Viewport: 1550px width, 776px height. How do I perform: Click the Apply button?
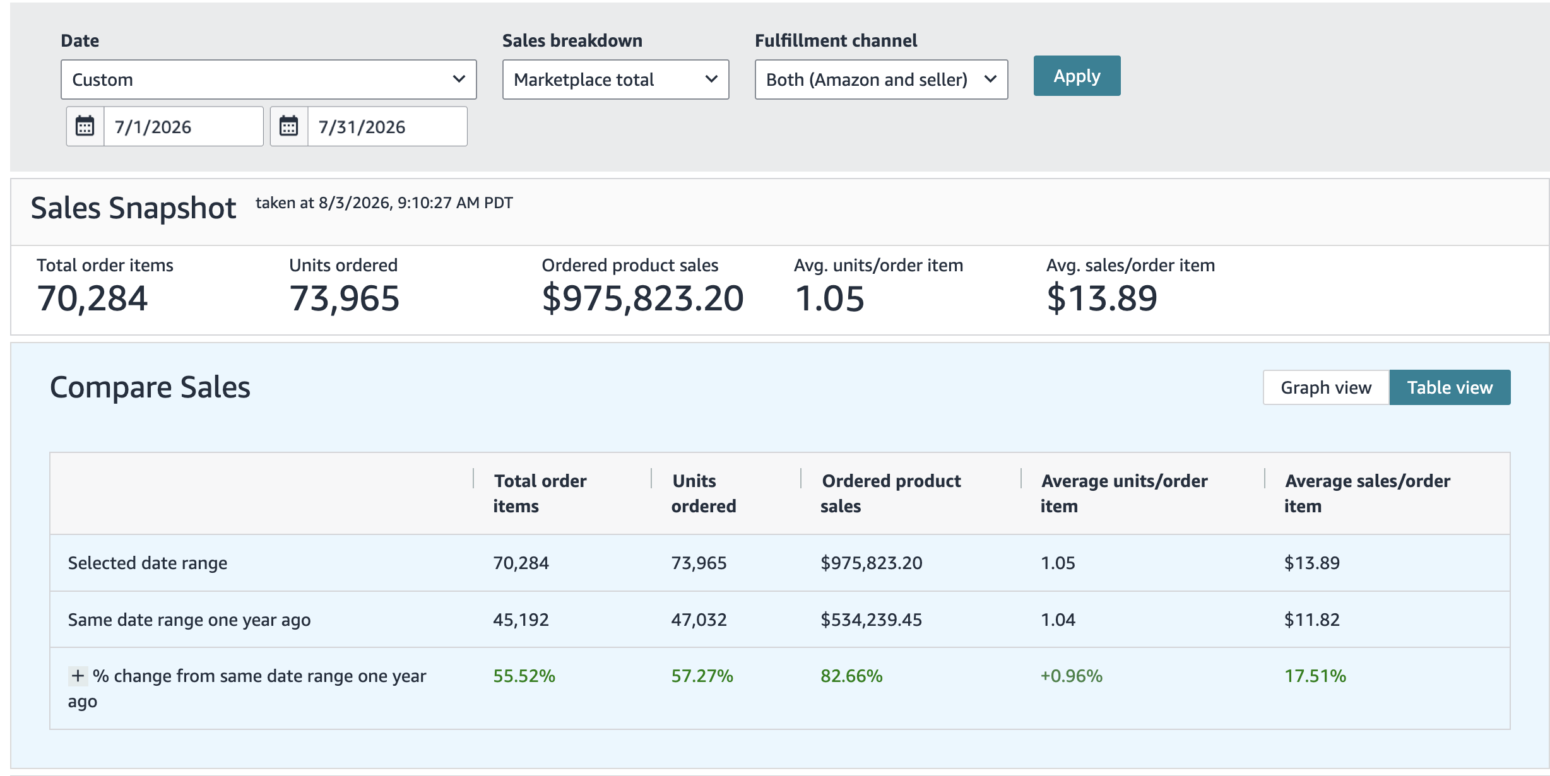1077,76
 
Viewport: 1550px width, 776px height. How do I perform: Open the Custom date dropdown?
268,79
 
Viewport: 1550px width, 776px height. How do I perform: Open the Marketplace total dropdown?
615,79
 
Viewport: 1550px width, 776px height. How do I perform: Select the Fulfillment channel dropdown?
881,79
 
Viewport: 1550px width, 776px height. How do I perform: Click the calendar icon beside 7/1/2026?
85,126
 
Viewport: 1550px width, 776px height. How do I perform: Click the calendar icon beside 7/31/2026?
289,126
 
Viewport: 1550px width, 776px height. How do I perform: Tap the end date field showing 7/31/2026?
387,126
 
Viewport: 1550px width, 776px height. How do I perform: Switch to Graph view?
1326,387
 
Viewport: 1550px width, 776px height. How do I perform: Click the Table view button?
1450,387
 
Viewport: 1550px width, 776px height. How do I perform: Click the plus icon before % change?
78,676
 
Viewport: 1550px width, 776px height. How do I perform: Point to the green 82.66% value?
851,676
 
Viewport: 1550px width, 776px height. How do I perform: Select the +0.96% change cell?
1071,676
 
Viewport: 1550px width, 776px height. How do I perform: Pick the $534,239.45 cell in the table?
871,620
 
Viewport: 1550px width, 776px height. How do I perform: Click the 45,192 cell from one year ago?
521,620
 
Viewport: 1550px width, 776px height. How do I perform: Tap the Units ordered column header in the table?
703,493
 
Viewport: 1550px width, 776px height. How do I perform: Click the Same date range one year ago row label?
189,620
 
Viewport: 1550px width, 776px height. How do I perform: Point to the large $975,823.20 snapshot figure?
642,298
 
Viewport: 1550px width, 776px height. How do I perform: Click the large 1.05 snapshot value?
829,298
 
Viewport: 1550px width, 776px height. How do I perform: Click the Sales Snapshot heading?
133,208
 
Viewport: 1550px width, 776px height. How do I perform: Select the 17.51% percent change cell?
1315,676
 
